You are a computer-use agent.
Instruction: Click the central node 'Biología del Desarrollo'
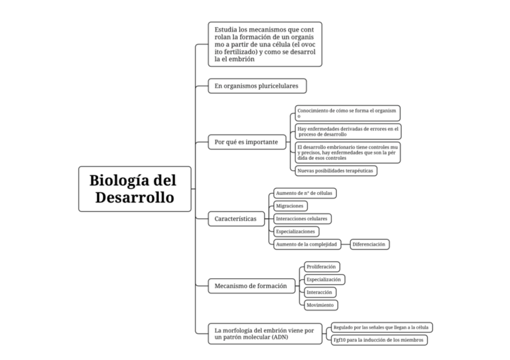pyautogui.click(x=135, y=188)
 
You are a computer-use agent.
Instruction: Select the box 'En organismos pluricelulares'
pyautogui.click(x=257, y=86)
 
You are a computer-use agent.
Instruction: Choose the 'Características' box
pyautogui.click(x=236, y=219)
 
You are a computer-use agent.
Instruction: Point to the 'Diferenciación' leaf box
pyautogui.click(x=369, y=244)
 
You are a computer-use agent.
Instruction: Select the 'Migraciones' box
pyautogui.click(x=289, y=206)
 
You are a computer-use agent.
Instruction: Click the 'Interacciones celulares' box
pyautogui.click(x=302, y=219)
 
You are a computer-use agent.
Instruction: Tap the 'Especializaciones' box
pyautogui.click(x=295, y=231)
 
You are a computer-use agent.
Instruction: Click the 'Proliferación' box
pyautogui.click(x=322, y=266)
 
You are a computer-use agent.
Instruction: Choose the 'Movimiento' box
pyautogui.click(x=320, y=305)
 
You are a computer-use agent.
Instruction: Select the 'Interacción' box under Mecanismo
pyautogui.click(x=319, y=292)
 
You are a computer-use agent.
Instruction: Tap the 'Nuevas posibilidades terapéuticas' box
pyautogui.click(x=336, y=171)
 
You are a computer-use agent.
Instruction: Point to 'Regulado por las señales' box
pyautogui.click(x=381, y=327)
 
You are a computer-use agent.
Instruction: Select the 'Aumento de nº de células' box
pyautogui.click(x=304, y=193)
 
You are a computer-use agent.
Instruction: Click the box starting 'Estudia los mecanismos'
pyautogui.click(x=265, y=43)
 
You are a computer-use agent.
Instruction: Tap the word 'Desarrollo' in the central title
pyautogui.click(x=135, y=197)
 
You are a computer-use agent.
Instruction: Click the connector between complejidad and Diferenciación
pyautogui.click(x=345, y=244)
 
